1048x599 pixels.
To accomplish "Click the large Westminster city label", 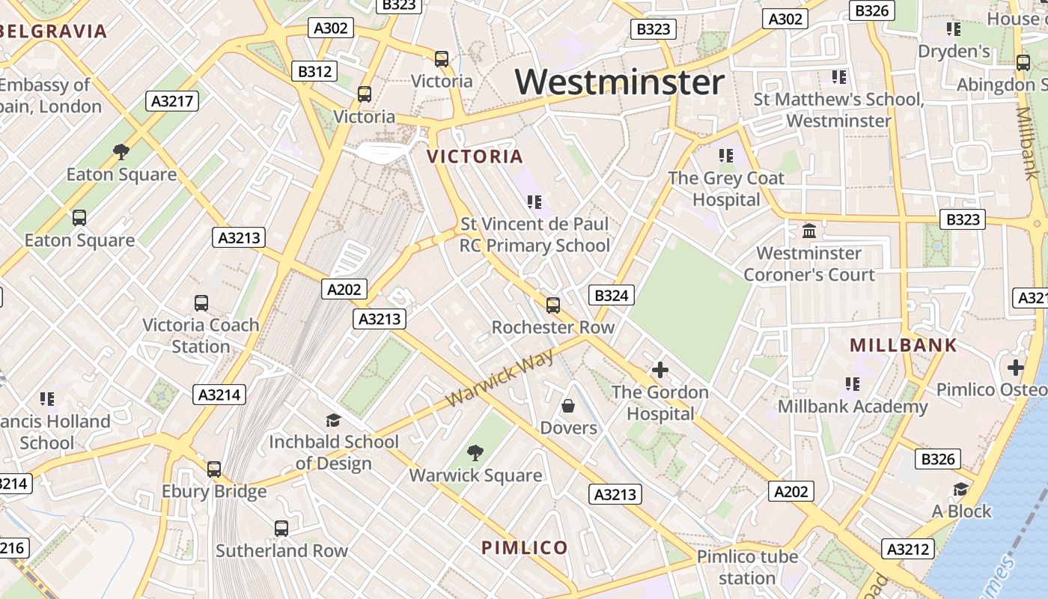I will coord(620,82).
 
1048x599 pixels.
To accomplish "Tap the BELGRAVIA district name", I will coord(54,31).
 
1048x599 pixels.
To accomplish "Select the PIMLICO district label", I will coord(524,547).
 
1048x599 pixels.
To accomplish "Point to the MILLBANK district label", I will coord(904,345).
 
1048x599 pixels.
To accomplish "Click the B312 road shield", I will coord(314,72).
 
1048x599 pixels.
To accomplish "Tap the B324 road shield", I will coord(611,295).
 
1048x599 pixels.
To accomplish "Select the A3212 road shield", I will coord(908,549).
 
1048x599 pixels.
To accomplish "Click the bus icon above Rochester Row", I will coord(553,305).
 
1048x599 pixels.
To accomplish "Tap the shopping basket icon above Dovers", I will coord(568,406).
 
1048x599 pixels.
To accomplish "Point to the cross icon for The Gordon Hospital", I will coord(659,370).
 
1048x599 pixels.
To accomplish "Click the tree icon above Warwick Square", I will coord(475,452).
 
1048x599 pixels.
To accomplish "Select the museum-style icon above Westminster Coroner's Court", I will coord(809,231).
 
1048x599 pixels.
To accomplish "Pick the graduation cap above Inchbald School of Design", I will coord(333,420).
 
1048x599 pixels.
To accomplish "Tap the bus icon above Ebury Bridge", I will coord(214,469).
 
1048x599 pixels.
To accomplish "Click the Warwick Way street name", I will coord(500,378).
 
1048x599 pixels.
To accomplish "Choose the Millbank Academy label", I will coord(853,407).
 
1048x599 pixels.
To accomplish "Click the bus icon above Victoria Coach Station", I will coord(201,303).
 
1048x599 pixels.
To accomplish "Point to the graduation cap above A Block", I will coord(960,490).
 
